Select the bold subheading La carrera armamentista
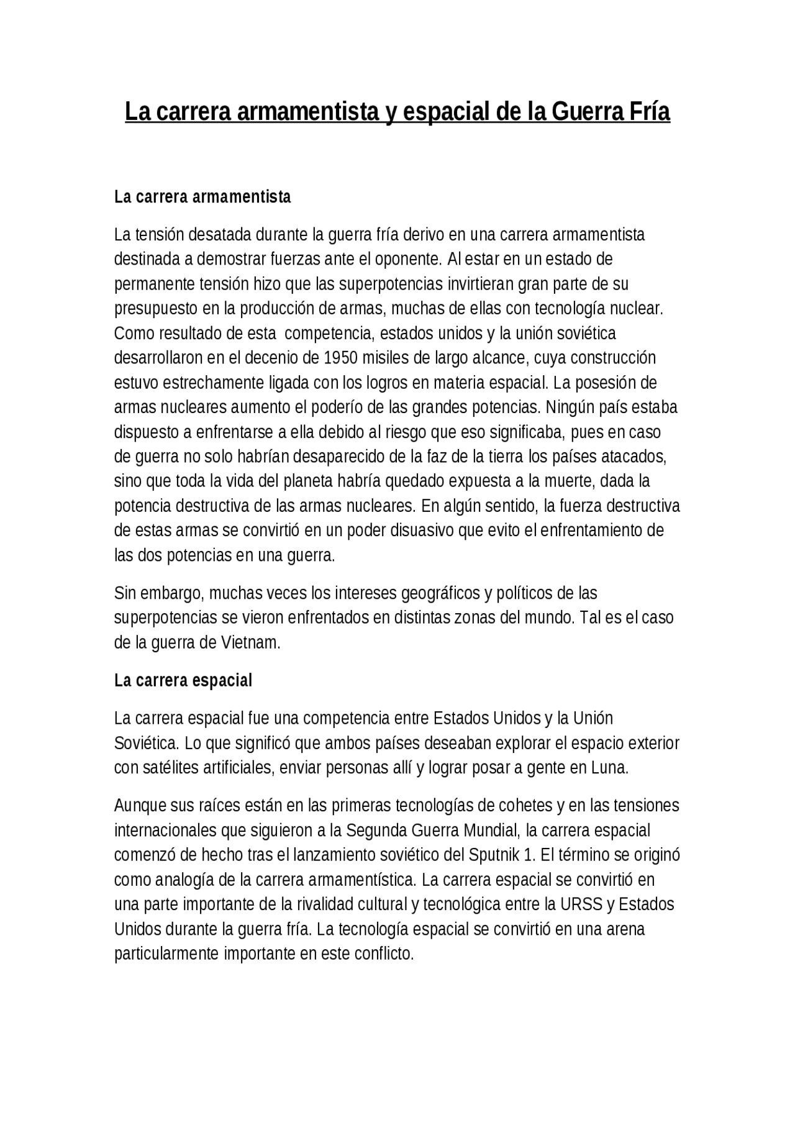[202, 197]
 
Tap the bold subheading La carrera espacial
[183, 680]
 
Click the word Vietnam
[250, 643]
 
